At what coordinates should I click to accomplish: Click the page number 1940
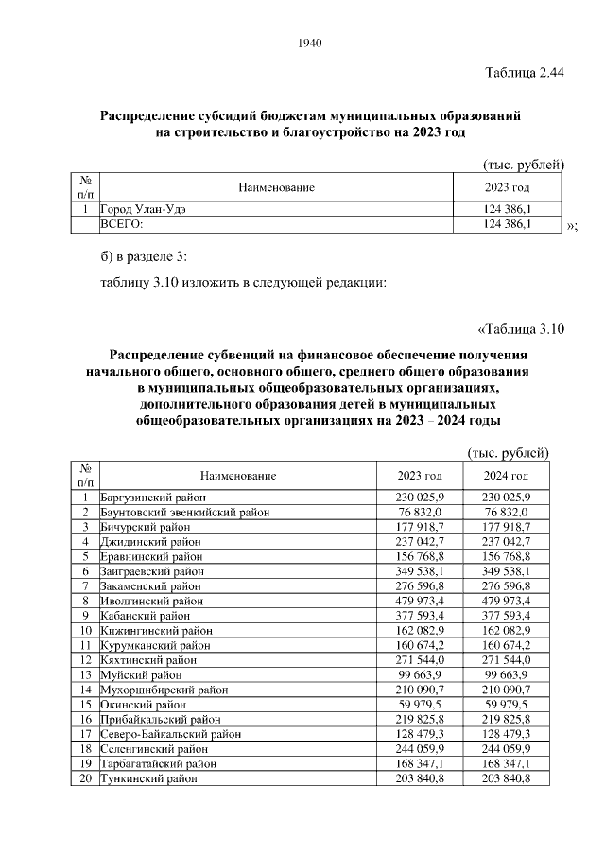coord(310,44)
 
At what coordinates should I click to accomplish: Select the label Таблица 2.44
coord(524,74)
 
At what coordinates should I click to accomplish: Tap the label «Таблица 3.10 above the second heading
coord(521,329)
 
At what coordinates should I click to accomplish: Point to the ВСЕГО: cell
coord(121,224)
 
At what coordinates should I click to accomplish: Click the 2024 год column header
coord(506,475)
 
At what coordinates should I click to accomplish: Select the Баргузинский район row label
coord(138,497)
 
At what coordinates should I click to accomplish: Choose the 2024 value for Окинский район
coord(506,704)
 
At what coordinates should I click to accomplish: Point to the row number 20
coord(85,778)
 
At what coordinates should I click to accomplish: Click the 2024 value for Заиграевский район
coord(506,572)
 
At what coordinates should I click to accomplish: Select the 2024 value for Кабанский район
coord(506,617)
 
